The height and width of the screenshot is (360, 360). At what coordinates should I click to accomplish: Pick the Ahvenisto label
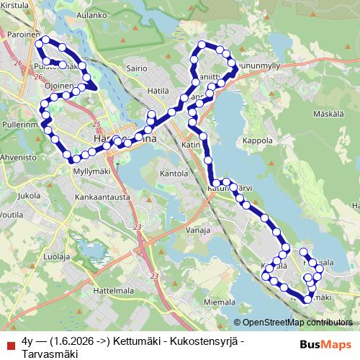pos(18,156)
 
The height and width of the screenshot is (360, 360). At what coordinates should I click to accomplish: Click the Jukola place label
pos(29,195)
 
